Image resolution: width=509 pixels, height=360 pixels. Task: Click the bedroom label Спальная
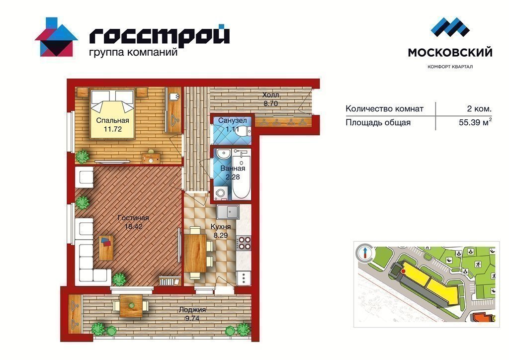tap(112, 120)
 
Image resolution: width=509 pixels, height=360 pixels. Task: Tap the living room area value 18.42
tap(133, 227)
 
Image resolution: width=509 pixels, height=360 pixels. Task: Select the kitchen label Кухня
tap(221, 227)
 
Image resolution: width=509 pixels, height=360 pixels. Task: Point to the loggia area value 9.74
tap(192, 318)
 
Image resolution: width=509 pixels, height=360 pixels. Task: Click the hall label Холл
tap(270, 95)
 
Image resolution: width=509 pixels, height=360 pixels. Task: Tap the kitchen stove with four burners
tap(244, 243)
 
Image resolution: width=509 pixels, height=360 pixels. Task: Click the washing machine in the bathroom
tap(221, 193)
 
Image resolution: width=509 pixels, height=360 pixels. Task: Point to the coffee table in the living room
tap(106, 247)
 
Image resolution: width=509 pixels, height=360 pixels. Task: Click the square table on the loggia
tap(131, 305)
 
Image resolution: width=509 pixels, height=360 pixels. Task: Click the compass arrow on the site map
tap(365, 252)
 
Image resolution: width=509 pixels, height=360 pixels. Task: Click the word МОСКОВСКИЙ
tap(450, 52)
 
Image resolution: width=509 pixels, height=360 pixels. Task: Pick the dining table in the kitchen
tap(195, 253)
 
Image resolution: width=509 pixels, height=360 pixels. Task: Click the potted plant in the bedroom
tap(82, 156)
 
